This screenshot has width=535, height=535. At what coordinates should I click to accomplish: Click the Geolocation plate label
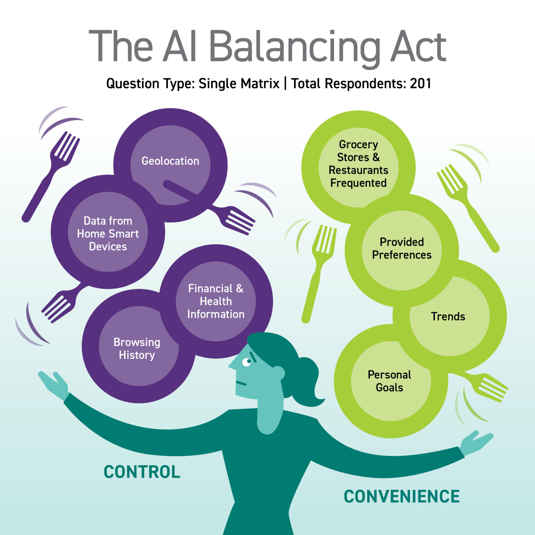point(170,161)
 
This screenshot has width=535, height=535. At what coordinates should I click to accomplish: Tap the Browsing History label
point(137,348)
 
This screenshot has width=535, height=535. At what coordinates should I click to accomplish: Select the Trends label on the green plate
point(448,316)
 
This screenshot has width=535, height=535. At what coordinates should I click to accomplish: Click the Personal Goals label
point(389,381)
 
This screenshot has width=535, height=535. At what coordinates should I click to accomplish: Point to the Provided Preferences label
point(402,248)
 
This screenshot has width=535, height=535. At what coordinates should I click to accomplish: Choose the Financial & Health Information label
point(216,301)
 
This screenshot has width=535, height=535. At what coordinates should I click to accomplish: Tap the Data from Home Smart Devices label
point(108,233)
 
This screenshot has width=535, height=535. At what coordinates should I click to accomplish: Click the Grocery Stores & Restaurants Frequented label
point(358,164)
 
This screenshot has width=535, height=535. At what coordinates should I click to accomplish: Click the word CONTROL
point(142,472)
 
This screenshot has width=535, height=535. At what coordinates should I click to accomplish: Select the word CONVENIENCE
point(402,496)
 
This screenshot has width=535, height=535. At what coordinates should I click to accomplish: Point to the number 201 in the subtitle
point(420,84)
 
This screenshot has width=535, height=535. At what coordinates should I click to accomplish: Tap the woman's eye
point(247,362)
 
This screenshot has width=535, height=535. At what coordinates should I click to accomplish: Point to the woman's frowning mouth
point(241,383)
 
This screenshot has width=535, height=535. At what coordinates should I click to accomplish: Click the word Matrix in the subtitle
point(262,84)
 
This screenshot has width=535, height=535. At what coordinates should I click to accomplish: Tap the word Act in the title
point(418,47)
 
